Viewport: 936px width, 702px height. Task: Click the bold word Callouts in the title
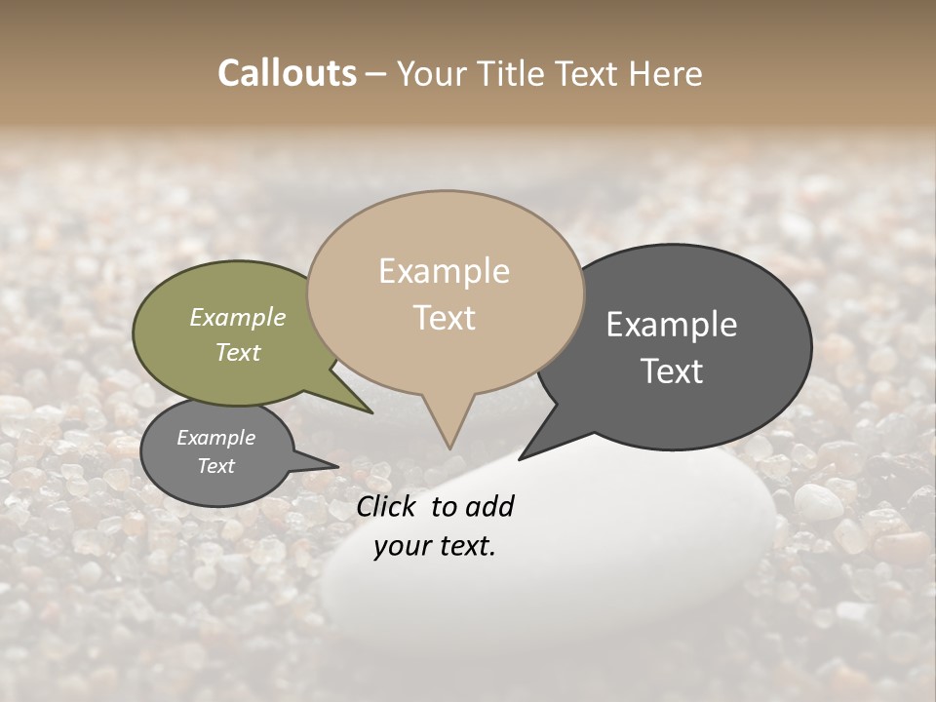point(287,73)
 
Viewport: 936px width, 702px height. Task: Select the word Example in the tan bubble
point(444,271)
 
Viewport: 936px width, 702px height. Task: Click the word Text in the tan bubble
point(444,318)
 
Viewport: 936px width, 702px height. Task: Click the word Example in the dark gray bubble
point(672,325)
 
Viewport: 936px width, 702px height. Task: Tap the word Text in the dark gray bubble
point(672,371)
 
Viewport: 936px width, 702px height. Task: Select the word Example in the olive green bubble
point(237,317)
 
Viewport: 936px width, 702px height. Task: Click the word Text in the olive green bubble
point(237,352)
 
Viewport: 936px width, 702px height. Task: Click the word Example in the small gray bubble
point(215,438)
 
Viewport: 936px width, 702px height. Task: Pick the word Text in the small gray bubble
point(215,466)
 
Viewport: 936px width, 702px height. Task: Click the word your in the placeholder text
point(399,546)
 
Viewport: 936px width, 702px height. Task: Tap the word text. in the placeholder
point(464,546)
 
